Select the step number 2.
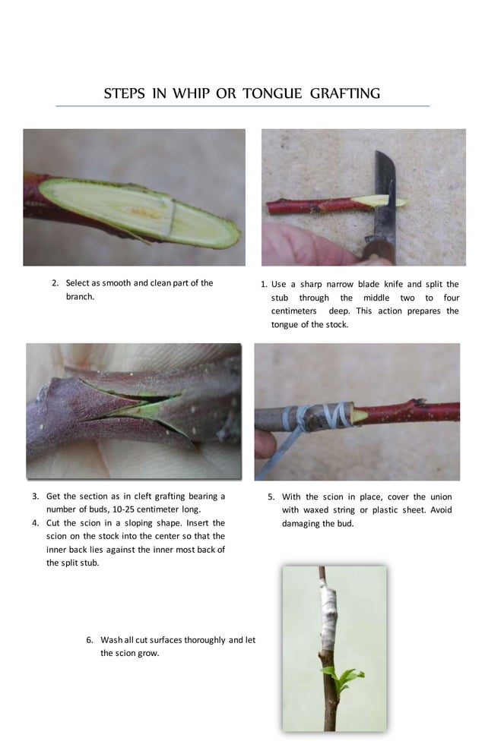coord(55,283)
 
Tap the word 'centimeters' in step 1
coord(293,311)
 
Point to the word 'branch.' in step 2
coord(80,297)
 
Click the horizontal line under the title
coord(242,106)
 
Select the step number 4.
coord(36,523)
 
